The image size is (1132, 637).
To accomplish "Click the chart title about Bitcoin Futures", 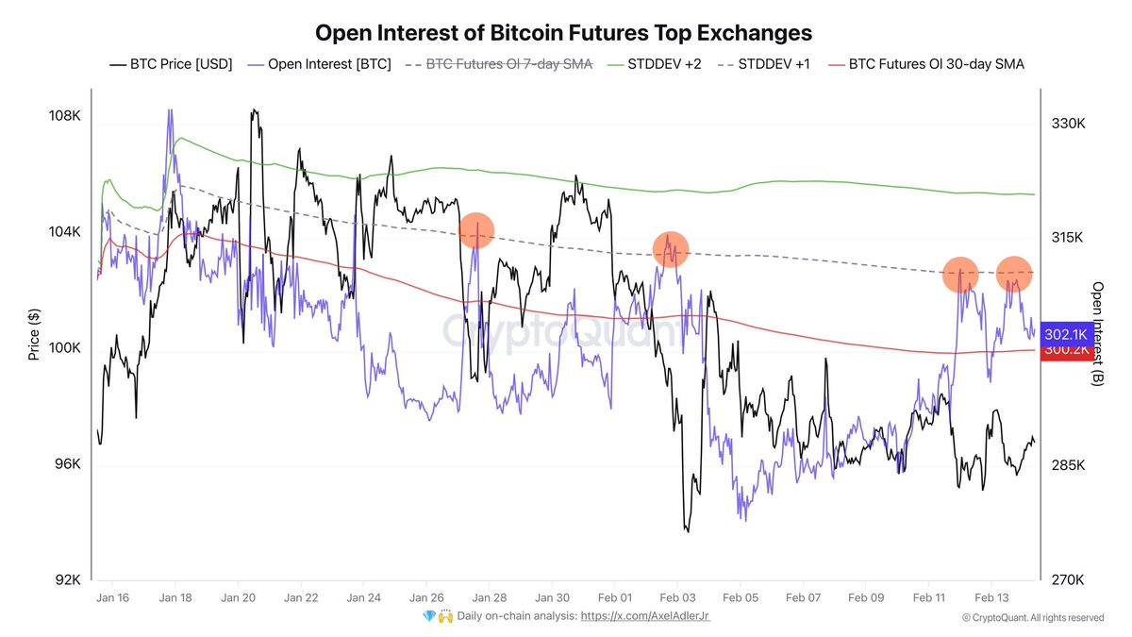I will (562, 33).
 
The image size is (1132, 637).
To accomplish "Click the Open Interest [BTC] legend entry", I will (318, 65).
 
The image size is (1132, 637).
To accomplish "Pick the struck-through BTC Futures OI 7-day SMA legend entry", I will (498, 65).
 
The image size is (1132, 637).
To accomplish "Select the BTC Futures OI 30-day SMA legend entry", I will (925, 65).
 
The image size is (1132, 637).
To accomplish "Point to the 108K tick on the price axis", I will (64, 116).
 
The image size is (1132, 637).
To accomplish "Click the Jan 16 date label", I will (113, 598).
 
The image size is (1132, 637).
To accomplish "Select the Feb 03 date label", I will (677, 598).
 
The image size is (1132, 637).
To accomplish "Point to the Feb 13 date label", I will (991, 598).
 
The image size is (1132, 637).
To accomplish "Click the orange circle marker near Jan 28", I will (476, 230).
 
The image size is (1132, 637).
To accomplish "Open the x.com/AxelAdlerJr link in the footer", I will (645, 617).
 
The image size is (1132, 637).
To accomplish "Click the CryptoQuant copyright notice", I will (1032, 618).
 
